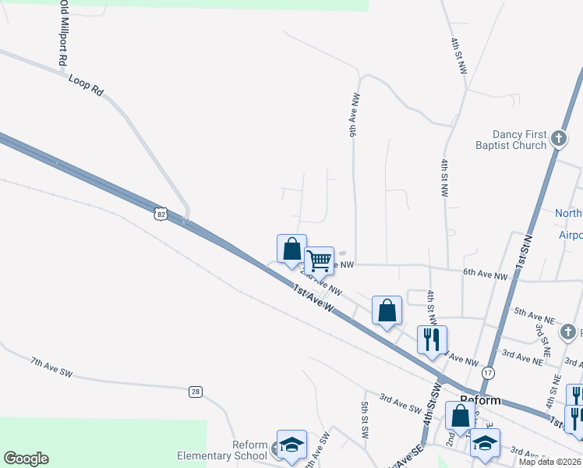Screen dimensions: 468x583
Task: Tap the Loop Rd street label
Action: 86,85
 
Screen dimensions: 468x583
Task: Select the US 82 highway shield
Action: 161,213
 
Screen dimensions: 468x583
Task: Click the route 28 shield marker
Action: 196,390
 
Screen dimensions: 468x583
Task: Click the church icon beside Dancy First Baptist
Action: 558,139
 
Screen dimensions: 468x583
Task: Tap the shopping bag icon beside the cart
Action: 292,250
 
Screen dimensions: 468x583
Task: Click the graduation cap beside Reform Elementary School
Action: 291,445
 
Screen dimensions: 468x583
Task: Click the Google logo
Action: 26,459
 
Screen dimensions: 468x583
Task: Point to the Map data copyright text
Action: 549,462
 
